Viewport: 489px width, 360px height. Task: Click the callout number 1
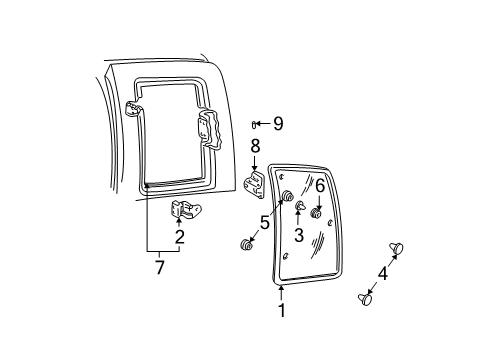[281, 310]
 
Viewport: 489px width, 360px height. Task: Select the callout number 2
[179, 237]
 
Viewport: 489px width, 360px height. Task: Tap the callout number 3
[299, 236]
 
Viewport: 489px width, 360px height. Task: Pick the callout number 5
[263, 224]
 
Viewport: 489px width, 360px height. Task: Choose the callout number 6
[319, 185]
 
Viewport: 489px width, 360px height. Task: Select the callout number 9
[278, 123]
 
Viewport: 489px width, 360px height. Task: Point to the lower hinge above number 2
[185, 208]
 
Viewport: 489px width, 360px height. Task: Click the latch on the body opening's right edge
[210, 130]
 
